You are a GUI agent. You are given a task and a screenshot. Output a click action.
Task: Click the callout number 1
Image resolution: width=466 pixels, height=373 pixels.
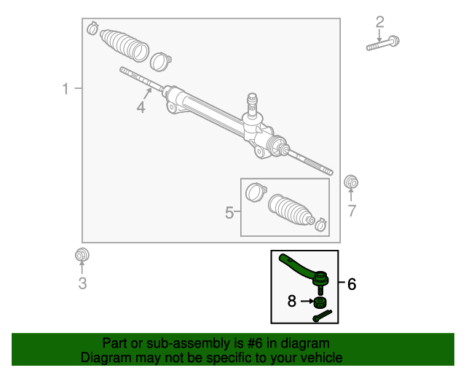tap(66, 89)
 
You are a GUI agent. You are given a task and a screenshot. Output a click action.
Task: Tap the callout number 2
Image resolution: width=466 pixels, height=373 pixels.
tap(379, 22)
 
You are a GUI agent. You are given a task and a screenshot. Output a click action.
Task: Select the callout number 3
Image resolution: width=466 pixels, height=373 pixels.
tap(82, 283)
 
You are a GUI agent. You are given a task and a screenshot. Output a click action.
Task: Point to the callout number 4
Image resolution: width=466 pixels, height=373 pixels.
tap(141, 108)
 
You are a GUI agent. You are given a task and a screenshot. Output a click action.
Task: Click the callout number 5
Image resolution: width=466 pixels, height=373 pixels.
tap(229, 213)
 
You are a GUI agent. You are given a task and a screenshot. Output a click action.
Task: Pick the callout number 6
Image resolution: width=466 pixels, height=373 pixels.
tap(352, 284)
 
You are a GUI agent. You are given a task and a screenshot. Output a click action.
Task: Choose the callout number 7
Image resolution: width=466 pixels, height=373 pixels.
tap(352, 211)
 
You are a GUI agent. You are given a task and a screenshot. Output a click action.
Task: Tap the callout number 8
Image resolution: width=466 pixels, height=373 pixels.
tap(292, 300)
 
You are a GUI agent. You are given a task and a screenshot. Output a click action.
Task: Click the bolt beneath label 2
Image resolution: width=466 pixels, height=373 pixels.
tap(382, 43)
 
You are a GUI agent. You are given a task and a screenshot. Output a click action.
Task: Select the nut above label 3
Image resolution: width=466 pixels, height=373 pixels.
tap(82, 256)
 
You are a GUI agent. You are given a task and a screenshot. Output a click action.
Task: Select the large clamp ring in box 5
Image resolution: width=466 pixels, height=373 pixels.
tap(254, 192)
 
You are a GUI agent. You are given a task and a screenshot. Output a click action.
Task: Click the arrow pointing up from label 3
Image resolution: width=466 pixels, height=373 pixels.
tap(82, 268)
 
